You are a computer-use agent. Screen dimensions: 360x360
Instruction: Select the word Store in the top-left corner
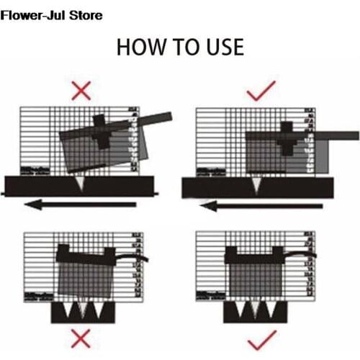click(x=85, y=15)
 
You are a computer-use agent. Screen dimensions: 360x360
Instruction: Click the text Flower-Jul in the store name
click(x=35, y=15)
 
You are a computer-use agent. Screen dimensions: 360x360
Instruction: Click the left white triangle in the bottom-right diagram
click(x=238, y=311)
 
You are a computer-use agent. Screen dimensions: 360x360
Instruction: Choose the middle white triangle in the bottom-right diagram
click(x=255, y=311)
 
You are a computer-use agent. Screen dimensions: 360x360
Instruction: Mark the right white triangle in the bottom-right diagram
click(x=271, y=311)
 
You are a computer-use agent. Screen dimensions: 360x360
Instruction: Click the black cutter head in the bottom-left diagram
click(x=86, y=253)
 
